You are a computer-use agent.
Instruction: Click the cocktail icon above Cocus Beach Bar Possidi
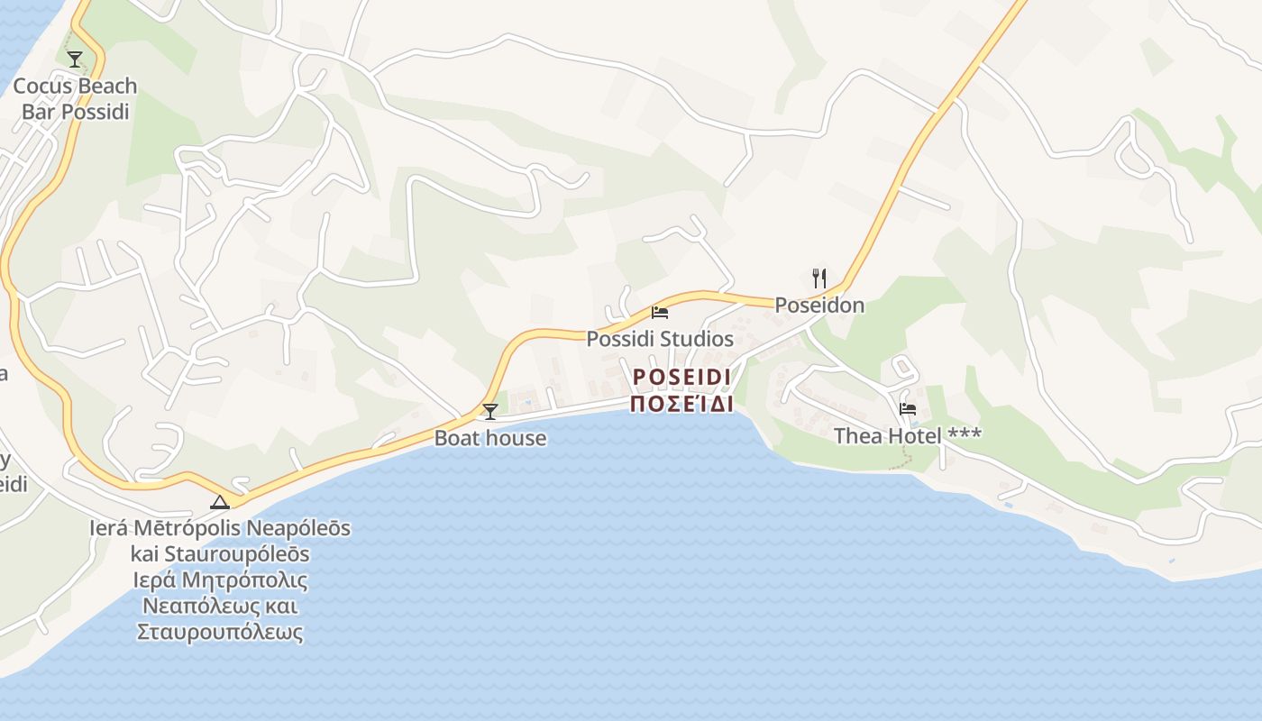(75, 59)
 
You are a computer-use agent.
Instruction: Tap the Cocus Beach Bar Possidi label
(75, 99)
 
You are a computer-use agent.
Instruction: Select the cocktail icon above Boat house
(490, 412)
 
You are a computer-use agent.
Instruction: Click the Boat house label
(490, 438)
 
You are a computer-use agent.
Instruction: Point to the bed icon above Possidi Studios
(660, 313)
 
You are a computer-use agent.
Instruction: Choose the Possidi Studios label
(660, 339)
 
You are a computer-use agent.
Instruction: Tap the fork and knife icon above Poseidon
(818, 278)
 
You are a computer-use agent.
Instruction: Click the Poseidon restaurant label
(819, 306)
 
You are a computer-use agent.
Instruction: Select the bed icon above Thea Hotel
(908, 409)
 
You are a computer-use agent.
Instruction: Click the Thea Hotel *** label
(908, 436)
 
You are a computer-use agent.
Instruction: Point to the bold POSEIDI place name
(681, 376)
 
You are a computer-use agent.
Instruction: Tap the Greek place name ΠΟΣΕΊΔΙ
(681, 403)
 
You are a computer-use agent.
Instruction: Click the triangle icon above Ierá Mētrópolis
(219, 502)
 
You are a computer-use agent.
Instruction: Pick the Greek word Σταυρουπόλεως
(220, 632)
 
